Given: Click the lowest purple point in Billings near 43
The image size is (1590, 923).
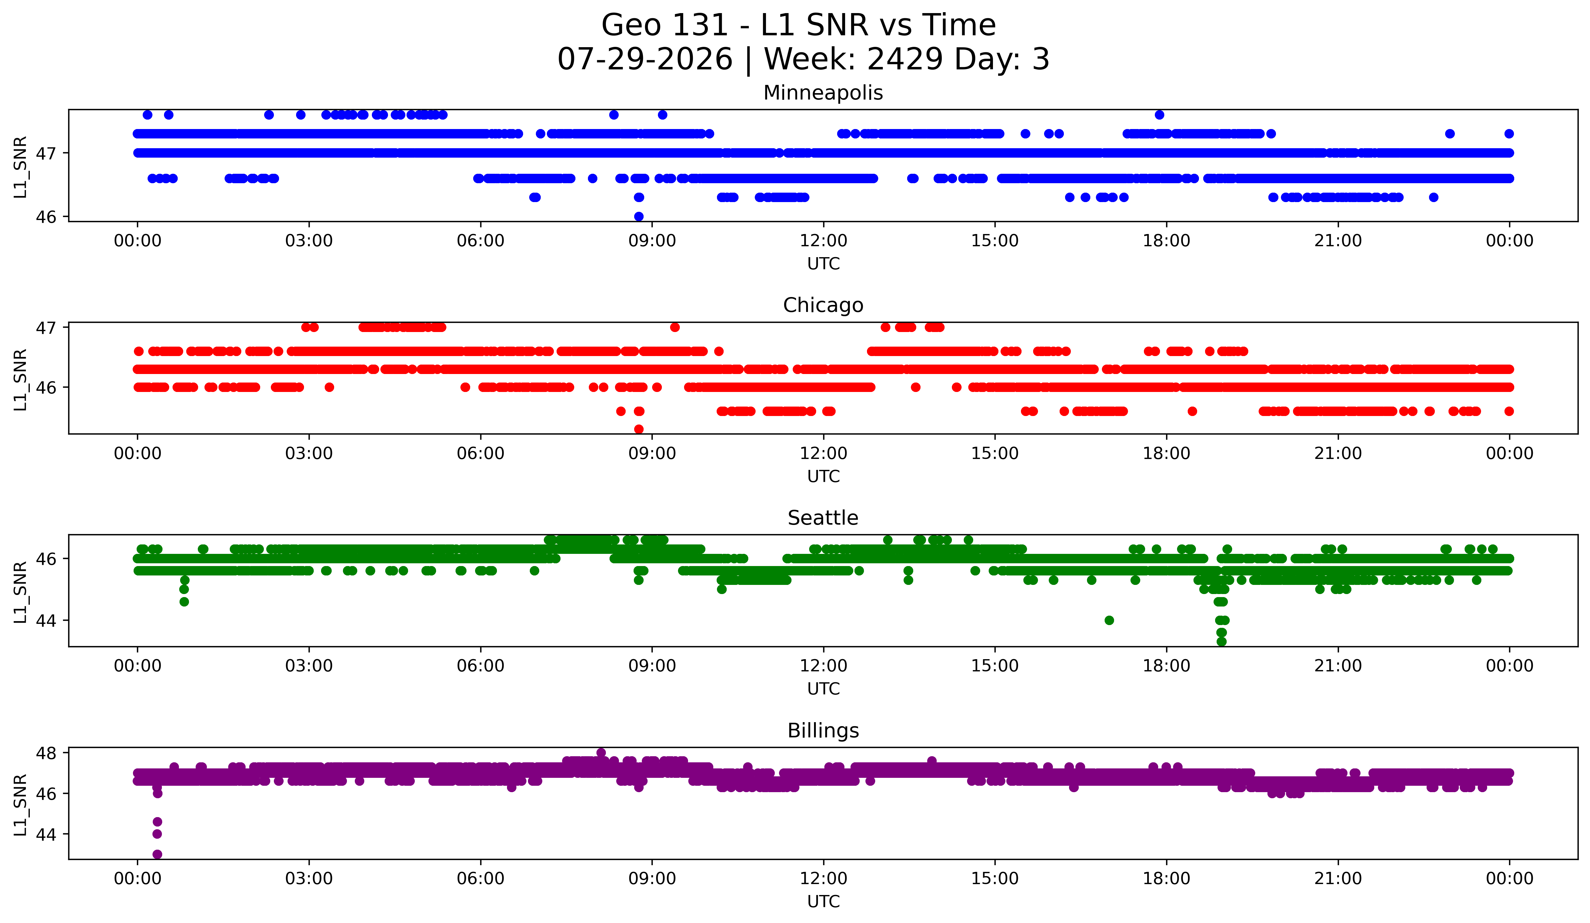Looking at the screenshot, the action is point(157,854).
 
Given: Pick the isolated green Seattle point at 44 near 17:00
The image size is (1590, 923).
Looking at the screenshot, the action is point(1109,620).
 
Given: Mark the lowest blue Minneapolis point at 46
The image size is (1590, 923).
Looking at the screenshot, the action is point(638,216).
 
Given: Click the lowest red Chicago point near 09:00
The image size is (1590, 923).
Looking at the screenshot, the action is point(638,429).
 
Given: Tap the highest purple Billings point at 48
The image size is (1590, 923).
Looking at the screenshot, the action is point(601,753).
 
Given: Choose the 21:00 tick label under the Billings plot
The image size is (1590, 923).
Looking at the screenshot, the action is point(1338,879).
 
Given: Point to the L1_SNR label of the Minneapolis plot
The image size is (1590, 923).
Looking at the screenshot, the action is point(20,166).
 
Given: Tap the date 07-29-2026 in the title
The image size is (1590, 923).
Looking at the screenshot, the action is point(645,59).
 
